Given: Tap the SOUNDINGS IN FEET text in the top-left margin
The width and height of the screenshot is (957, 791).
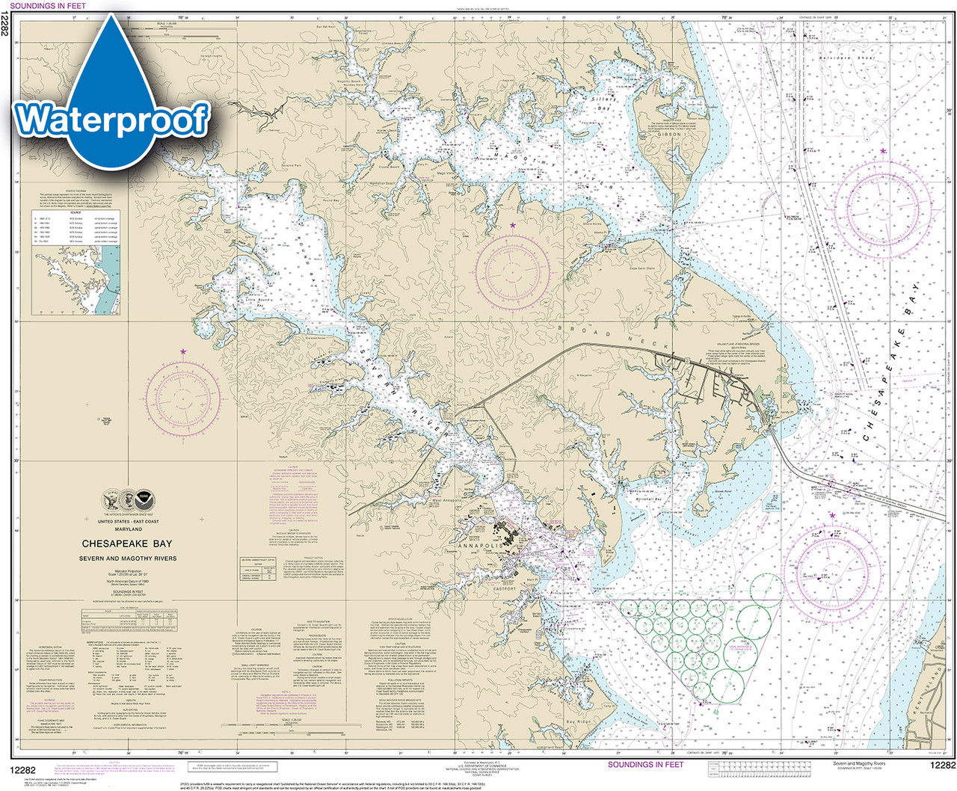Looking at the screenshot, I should click(48, 5).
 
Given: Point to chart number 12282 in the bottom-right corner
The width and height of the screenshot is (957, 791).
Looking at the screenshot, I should click(942, 765).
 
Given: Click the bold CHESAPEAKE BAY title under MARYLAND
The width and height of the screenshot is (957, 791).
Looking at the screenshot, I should click(127, 544).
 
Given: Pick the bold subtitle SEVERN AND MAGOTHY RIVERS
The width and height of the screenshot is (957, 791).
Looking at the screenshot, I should click(128, 558).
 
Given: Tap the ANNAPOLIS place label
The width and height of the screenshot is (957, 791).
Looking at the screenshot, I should click(481, 547).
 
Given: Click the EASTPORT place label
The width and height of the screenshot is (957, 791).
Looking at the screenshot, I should click(505, 589).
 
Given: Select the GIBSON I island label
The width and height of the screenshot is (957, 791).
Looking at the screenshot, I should click(669, 135).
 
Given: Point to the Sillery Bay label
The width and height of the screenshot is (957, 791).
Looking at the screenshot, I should click(604, 103).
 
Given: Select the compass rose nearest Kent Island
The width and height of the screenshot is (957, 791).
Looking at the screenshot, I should click(832, 564).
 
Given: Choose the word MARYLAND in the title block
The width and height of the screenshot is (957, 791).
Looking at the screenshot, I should click(128, 529).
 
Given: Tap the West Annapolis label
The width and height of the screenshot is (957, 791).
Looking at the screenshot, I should click(448, 500).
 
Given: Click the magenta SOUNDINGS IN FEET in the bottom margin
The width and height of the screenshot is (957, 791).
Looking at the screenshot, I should click(645, 765).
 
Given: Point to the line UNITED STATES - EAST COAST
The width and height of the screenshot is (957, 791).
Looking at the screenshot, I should click(128, 522).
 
